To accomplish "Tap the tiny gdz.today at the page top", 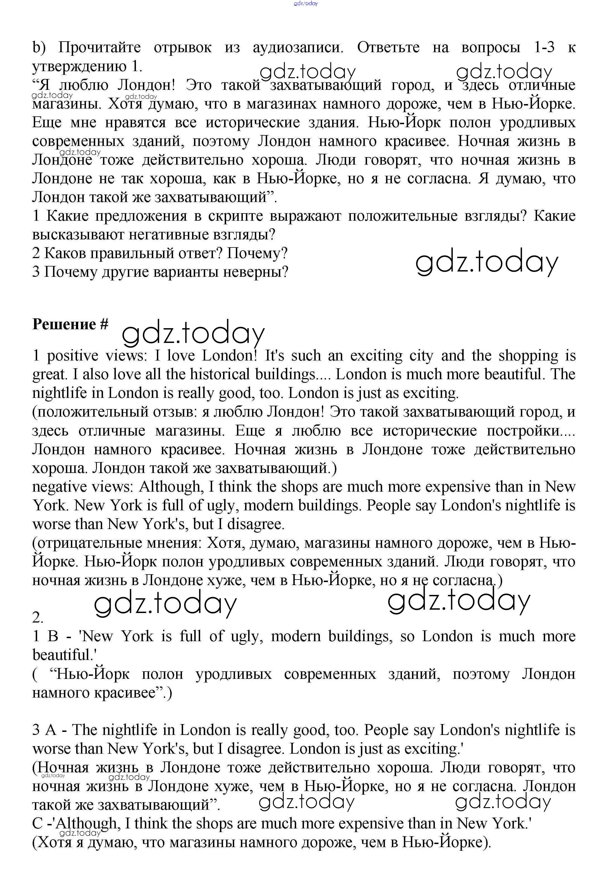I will point(305,3).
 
